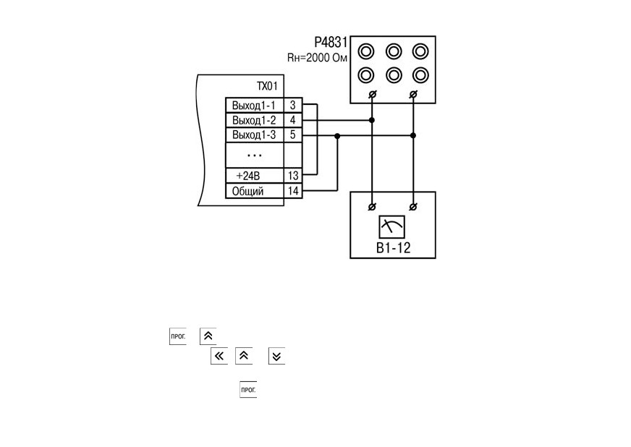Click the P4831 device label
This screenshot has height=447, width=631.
[331, 42]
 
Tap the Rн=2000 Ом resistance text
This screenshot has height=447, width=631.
[317, 58]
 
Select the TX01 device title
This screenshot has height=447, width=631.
[267, 86]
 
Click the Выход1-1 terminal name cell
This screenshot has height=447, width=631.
[254, 106]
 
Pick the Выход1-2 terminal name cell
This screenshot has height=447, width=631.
[254, 120]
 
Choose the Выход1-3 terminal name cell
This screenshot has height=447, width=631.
[254, 135]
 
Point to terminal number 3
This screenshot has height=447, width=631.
[292, 106]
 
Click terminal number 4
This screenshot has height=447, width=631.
[292, 120]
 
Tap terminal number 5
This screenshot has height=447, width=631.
[292, 135]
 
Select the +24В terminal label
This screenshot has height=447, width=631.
[248, 176]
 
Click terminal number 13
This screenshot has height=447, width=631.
[293, 176]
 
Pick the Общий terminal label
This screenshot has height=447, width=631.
[248, 191]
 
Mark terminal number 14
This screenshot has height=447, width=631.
[293, 191]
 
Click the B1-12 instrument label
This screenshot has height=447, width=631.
[393, 248]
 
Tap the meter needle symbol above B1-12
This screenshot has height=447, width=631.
[391, 227]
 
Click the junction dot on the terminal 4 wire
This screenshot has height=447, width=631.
[372, 120]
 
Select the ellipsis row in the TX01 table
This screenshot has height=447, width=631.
[254, 156]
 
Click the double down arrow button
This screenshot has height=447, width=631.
[276, 356]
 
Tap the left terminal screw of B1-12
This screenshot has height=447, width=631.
[372, 207]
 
